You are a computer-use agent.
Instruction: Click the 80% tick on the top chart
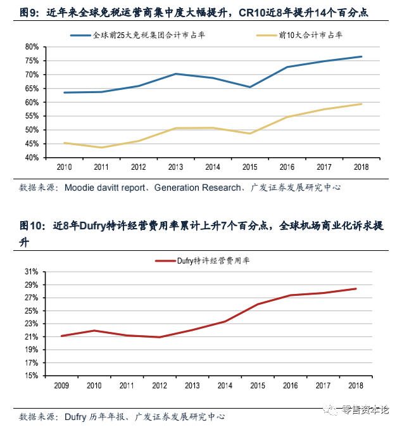(x=32, y=47)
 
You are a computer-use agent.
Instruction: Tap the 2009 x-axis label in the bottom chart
(x=61, y=385)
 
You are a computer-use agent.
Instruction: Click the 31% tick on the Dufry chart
(x=32, y=272)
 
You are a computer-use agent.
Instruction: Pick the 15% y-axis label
(x=32, y=376)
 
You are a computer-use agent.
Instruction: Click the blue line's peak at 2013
(x=176, y=74)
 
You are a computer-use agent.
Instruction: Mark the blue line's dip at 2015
(x=250, y=87)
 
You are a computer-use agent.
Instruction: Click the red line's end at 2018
(x=356, y=289)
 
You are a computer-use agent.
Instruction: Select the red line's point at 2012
(x=160, y=337)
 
